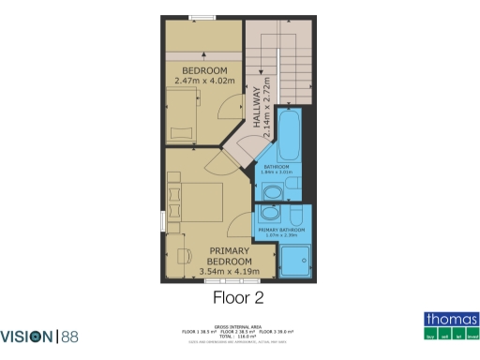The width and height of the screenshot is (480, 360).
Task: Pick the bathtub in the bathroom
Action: point(289,136)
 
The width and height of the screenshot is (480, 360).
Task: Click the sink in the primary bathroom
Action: point(270,214)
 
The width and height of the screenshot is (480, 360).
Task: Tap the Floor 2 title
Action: point(239,298)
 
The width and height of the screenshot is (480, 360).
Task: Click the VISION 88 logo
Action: point(40,336)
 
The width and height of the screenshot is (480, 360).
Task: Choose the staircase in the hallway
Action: point(277,62)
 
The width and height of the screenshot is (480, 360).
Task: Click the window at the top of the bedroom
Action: point(201,17)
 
